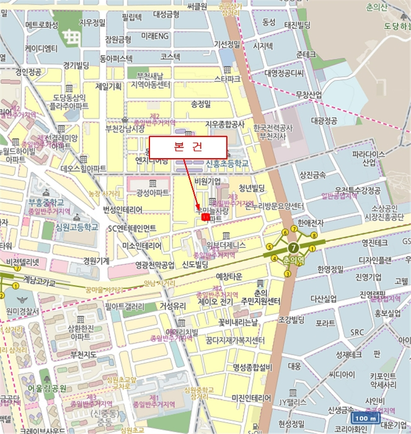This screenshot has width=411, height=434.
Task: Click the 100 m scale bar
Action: coord(365,418)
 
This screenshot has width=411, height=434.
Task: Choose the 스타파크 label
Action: coord(227,79)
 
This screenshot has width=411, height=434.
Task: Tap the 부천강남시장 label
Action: coord(125,129)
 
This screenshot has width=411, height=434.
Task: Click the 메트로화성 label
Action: coord(42,25)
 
